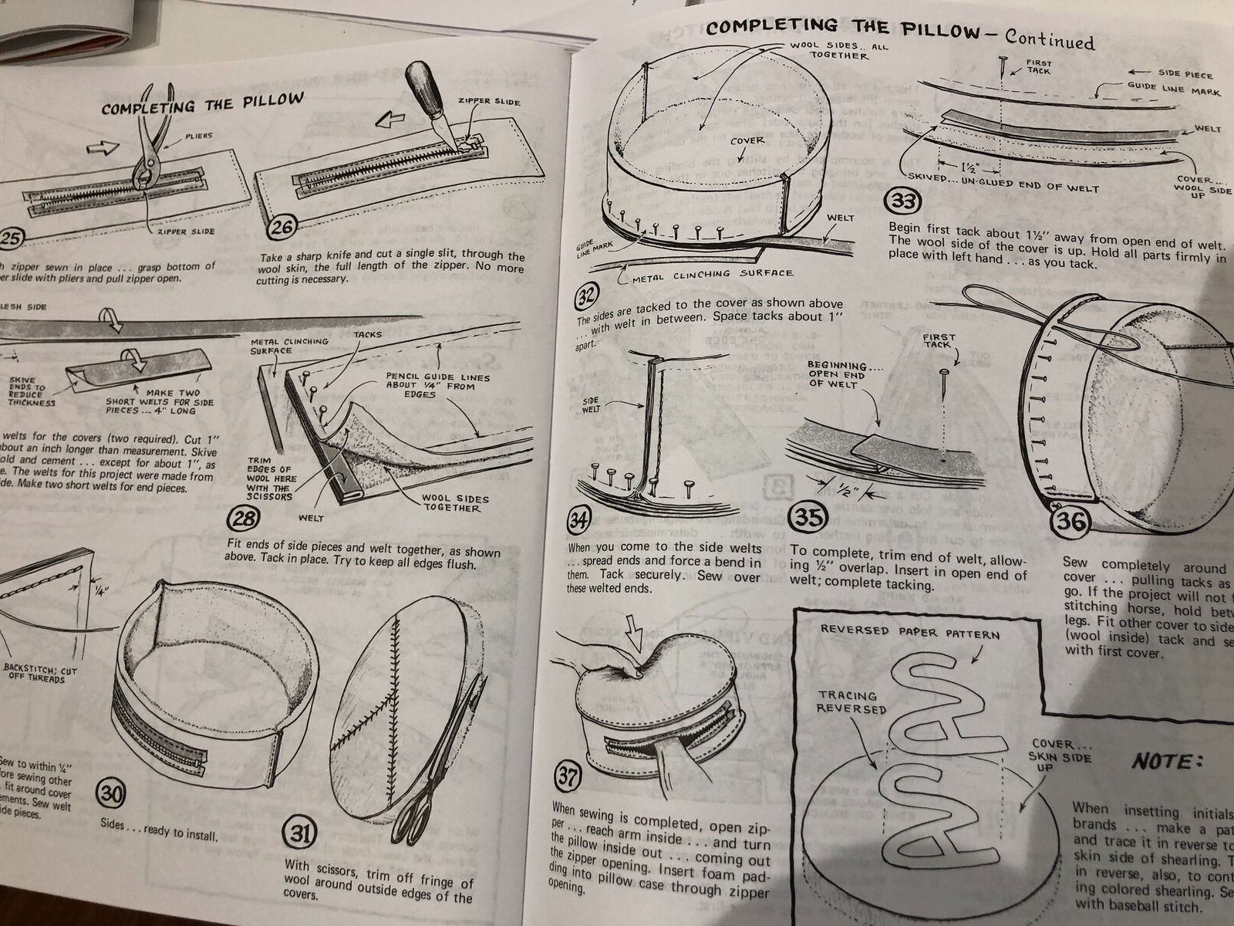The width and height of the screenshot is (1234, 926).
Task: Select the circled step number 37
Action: tap(568, 778)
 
